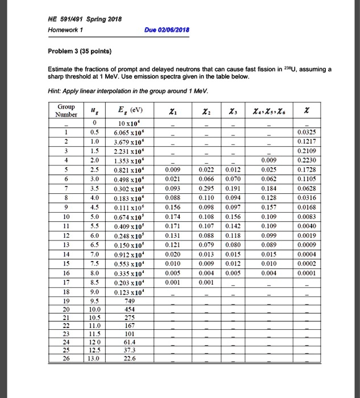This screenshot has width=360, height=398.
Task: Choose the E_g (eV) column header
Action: click(127, 110)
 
